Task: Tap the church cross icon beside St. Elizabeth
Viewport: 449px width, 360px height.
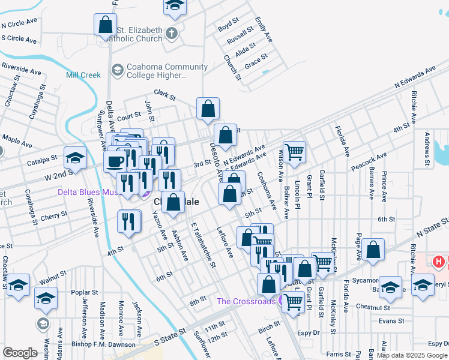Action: point(172,32)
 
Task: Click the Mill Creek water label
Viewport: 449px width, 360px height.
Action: point(83,75)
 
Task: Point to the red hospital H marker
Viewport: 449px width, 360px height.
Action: point(439,262)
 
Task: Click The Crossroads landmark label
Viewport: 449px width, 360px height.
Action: point(246,301)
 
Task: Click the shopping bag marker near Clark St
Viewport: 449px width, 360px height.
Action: point(208,109)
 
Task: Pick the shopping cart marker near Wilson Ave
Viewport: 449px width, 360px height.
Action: point(294,152)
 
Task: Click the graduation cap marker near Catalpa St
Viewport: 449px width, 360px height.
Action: point(76,157)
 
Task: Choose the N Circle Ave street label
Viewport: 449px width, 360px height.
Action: point(20,25)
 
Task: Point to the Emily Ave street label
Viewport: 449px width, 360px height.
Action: point(263,30)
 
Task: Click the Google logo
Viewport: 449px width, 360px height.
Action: point(20,353)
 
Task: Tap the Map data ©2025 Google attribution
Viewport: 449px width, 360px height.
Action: point(412,355)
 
